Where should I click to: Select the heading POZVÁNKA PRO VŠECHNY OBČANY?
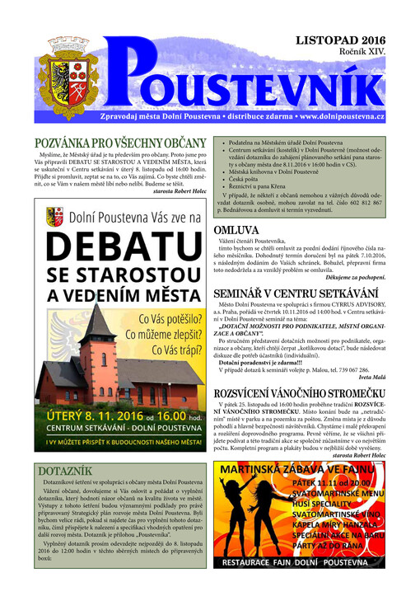(119, 143)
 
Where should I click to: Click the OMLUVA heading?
(240, 231)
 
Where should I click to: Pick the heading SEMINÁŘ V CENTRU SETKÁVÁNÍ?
(298, 295)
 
